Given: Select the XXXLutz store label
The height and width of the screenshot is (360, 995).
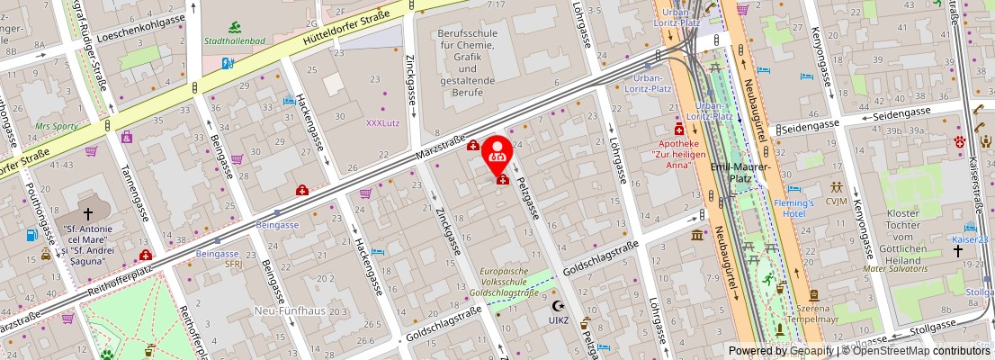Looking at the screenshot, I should point(384,122).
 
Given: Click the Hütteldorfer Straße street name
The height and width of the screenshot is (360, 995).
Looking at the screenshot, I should point(346,28).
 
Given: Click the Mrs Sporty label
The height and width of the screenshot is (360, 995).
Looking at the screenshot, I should point(56,127).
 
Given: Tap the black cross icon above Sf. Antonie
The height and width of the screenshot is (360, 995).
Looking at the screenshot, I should point(87,214).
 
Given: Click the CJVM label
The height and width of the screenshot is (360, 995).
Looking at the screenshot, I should point(838,202).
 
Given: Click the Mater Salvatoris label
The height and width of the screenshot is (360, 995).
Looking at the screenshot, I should point(892,268).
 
